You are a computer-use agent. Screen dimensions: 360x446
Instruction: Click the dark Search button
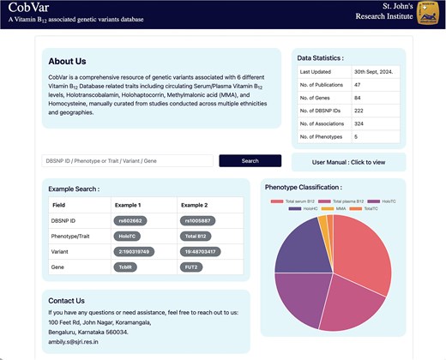(x=250, y=160)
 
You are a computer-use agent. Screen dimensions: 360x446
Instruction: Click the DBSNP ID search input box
(x=127, y=160)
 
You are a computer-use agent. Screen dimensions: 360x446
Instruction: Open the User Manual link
(x=348, y=161)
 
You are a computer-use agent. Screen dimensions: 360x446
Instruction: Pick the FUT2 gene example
(x=195, y=267)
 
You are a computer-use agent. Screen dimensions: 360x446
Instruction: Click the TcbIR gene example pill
(x=126, y=267)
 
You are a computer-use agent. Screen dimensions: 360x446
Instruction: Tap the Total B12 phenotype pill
(x=197, y=236)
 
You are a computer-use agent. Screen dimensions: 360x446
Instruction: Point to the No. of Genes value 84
(x=359, y=99)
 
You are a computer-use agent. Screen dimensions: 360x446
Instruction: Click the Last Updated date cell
(x=373, y=72)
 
